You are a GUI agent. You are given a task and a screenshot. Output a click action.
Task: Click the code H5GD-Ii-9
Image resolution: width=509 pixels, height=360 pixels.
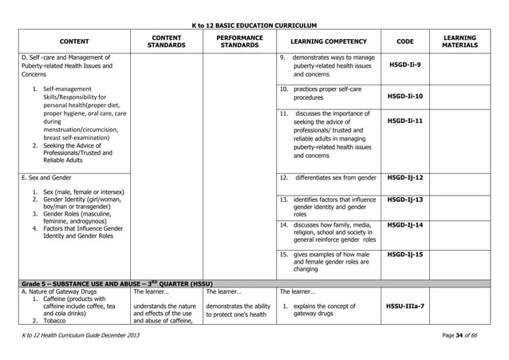click(x=409, y=65)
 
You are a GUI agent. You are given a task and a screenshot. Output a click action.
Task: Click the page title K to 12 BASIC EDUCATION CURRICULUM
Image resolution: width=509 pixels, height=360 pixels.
click(x=254, y=26)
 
